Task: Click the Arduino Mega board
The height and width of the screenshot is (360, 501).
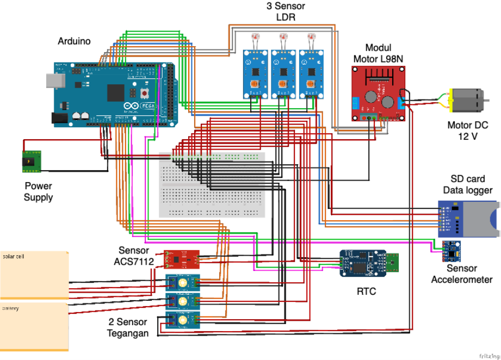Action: pyautogui.click(x=114, y=95)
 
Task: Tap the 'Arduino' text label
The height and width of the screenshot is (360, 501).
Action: pyautogui.click(x=75, y=41)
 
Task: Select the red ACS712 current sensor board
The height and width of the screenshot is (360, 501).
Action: pyautogui.click(x=182, y=259)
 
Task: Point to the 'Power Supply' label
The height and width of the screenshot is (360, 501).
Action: pyautogui.click(x=39, y=191)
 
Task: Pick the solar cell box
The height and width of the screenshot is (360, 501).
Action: pyautogui.click(x=34, y=275)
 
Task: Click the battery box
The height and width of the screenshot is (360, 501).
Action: pyautogui.click(x=34, y=326)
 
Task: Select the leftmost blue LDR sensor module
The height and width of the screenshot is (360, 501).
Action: pyautogui.click(x=255, y=74)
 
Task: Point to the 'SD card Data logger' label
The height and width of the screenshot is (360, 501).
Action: pyautogui.click(x=467, y=184)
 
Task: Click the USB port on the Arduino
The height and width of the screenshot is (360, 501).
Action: pyautogui.click(x=54, y=80)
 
